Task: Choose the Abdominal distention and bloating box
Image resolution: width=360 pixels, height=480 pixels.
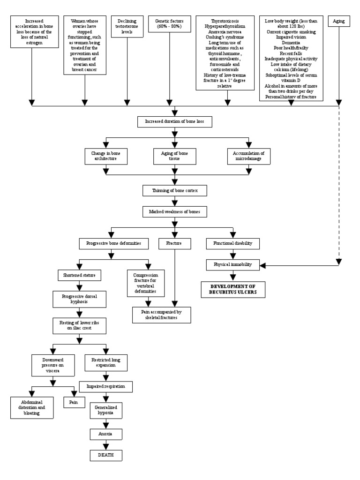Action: [x=31, y=407]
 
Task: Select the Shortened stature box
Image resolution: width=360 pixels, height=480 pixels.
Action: [x=77, y=275]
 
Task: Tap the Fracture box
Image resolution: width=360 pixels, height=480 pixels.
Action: [x=174, y=244]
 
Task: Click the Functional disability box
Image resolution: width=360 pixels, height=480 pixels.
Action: [x=230, y=244]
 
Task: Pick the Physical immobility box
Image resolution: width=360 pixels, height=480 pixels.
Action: [x=230, y=265]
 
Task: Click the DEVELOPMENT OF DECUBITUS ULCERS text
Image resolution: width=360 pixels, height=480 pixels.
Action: [x=230, y=289]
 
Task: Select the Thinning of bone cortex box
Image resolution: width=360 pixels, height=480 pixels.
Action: [x=174, y=191]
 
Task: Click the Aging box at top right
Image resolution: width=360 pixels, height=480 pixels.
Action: [x=339, y=22]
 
